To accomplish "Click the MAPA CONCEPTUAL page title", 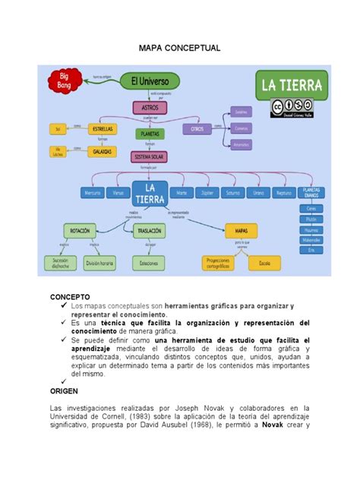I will [179, 48].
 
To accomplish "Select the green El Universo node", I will [155, 80].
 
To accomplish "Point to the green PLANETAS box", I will [150, 134].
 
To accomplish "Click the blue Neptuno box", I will [284, 193].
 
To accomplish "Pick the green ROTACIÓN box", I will [80, 229].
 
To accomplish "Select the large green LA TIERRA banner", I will [292, 84].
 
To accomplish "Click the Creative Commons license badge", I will [292, 107].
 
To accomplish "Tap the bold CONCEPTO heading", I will [71, 295].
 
